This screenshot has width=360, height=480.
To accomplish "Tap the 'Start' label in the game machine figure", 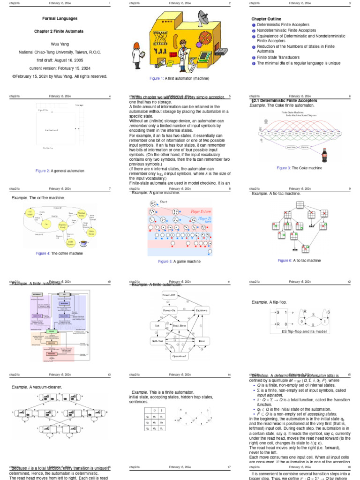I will [164, 202].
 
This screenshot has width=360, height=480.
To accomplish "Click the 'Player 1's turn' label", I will [201, 211].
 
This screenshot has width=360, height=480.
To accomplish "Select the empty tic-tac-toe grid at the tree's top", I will [300, 204].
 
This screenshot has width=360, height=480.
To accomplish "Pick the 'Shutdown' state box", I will [202, 311].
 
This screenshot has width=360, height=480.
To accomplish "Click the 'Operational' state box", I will [180, 356].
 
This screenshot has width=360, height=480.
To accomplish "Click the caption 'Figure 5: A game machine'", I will [180, 261].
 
